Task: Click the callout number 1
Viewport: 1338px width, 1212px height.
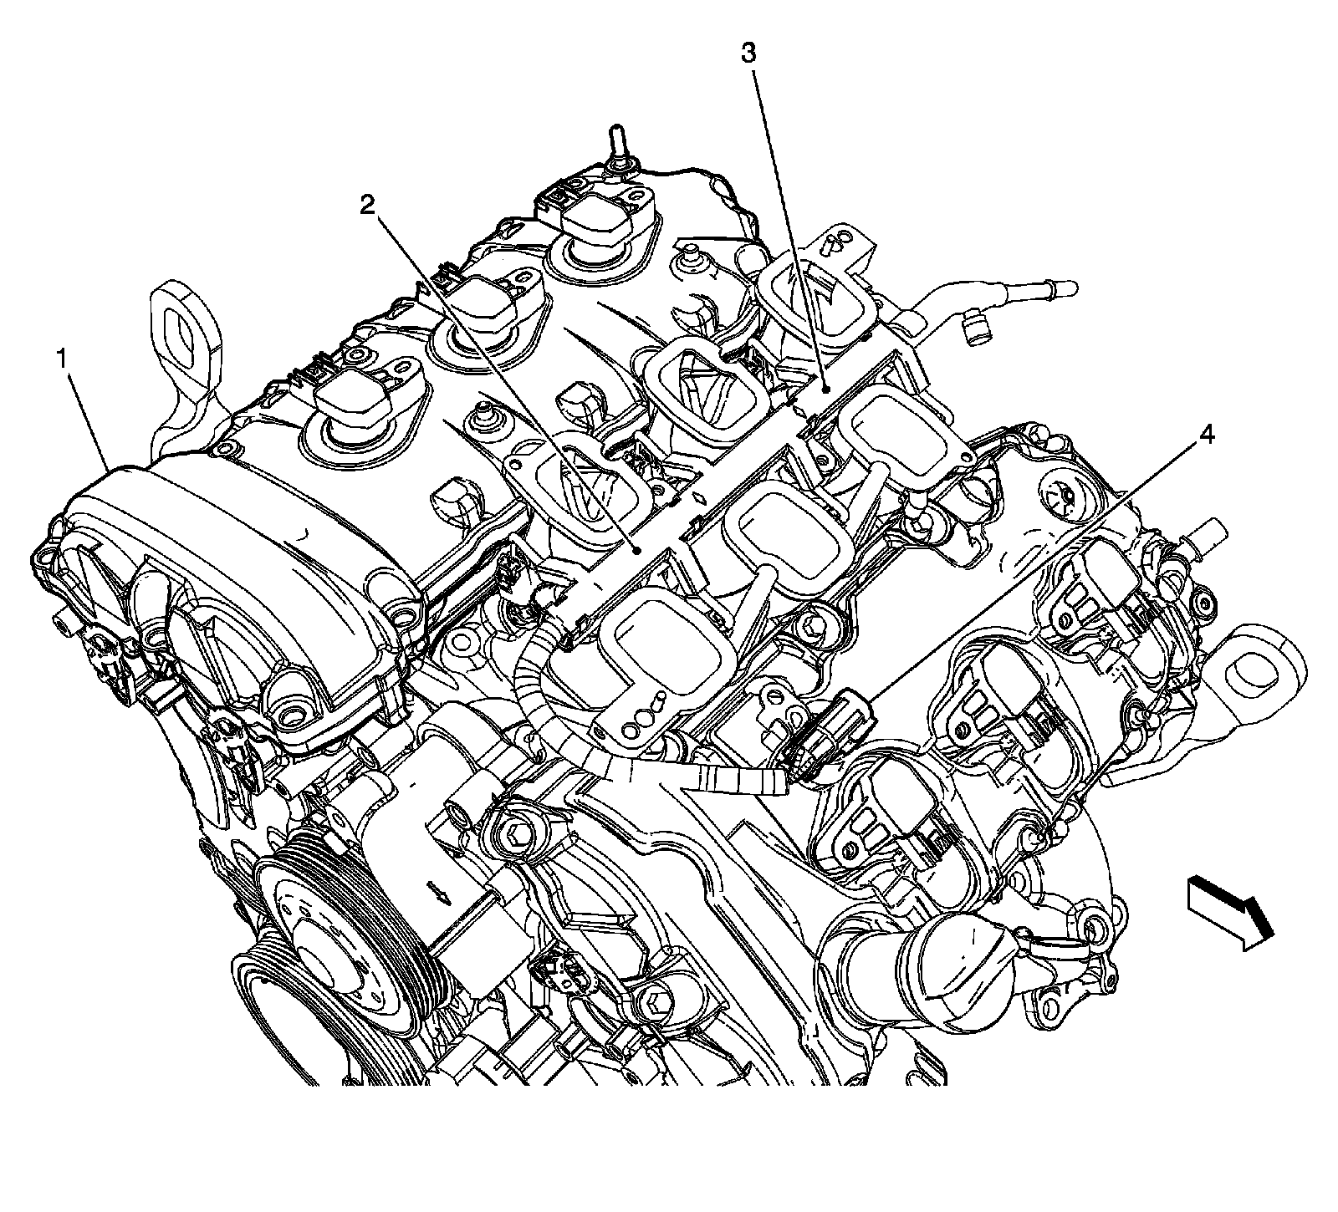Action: tap(61, 360)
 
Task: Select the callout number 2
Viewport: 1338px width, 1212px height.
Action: tap(369, 206)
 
